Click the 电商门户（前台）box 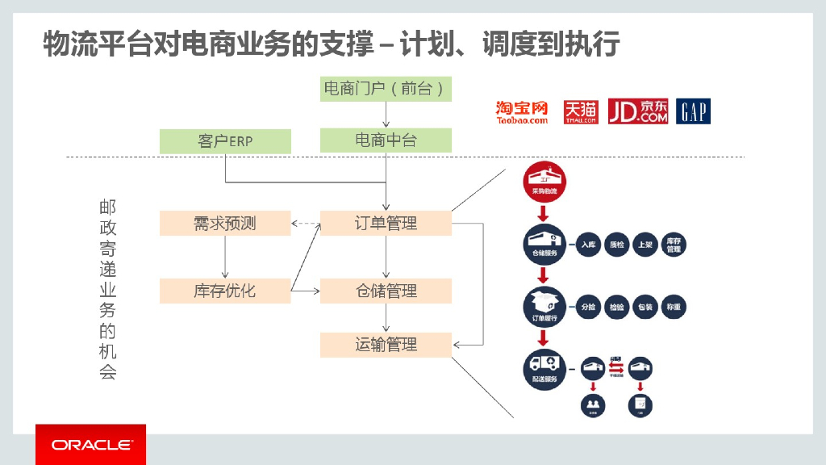[x=386, y=88]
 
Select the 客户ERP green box [x=225, y=140]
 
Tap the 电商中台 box [x=386, y=140]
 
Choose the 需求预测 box [x=225, y=223]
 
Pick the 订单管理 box [x=386, y=223]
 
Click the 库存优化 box [x=225, y=291]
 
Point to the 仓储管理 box [x=386, y=291]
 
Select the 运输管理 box [x=386, y=345]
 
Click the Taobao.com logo [x=522, y=112]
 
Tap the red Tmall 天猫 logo [x=581, y=111]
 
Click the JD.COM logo [x=639, y=111]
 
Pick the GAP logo [x=694, y=111]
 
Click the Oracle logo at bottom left [x=91, y=445]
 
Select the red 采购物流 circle [x=544, y=182]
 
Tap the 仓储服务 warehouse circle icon [x=544, y=244]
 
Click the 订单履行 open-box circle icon [x=544, y=307]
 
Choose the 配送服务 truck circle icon [x=544, y=369]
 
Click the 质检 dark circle [x=617, y=245]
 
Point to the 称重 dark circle [x=674, y=307]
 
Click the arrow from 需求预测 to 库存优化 [x=225, y=257]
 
